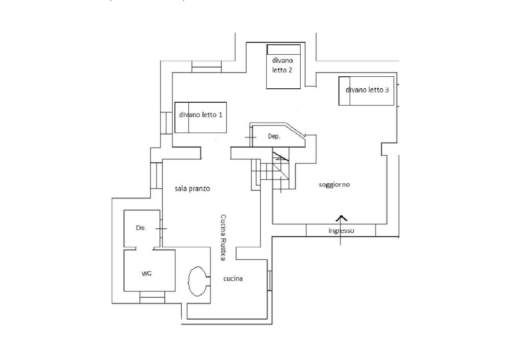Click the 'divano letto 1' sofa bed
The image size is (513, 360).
201,117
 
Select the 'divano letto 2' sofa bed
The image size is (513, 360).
283,66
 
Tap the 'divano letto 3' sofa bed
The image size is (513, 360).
366,91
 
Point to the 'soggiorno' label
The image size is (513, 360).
334,185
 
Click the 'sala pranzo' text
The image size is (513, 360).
192,189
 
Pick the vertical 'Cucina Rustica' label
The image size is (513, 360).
223,237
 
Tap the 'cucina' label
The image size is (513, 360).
233,278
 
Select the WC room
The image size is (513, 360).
150,270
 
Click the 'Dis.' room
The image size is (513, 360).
142,229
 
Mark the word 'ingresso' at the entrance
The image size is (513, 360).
341,231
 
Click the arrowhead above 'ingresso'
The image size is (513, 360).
341,218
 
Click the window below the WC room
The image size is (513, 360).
152,297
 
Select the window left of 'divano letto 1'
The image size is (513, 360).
166,123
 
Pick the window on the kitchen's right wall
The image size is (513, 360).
269,281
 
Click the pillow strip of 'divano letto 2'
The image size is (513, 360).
283,50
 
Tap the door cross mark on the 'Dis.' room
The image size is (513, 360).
161,229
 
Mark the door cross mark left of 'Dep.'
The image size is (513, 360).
251,137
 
